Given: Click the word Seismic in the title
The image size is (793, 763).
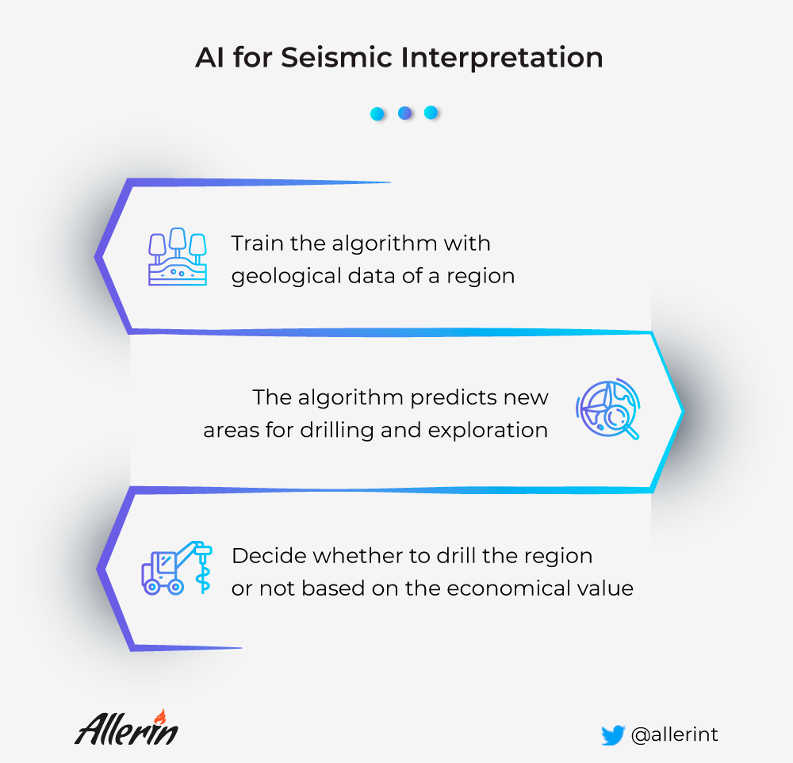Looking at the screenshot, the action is pyautogui.click(x=337, y=57).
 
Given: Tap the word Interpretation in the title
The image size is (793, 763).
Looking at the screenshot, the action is pyautogui.click(x=502, y=58).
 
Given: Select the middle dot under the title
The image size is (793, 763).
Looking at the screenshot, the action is pyautogui.click(x=404, y=113).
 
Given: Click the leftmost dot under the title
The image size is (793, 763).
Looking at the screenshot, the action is pyautogui.click(x=377, y=113).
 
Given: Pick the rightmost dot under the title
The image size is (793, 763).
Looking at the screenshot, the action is pyautogui.click(x=431, y=113).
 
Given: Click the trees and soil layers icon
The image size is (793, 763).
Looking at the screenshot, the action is pyautogui.click(x=178, y=256).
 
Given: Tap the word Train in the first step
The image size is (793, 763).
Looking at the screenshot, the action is pyautogui.click(x=258, y=243).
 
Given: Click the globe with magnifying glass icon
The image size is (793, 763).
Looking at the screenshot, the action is pyautogui.click(x=608, y=408).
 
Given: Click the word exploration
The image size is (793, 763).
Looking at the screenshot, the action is pyautogui.click(x=488, y=431).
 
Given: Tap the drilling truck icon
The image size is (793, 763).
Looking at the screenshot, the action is pyautogui.click(x=177, y=567).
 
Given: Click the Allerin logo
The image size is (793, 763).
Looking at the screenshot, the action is pyautogui.click(x=126, y=728).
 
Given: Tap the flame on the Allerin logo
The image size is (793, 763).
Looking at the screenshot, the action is pyautogui.click(x=160, y=716).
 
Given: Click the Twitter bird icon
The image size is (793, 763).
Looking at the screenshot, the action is pyautogui.click(x=613, y=735).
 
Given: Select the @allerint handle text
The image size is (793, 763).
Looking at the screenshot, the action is pyautogui.click(x=675, y=734).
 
